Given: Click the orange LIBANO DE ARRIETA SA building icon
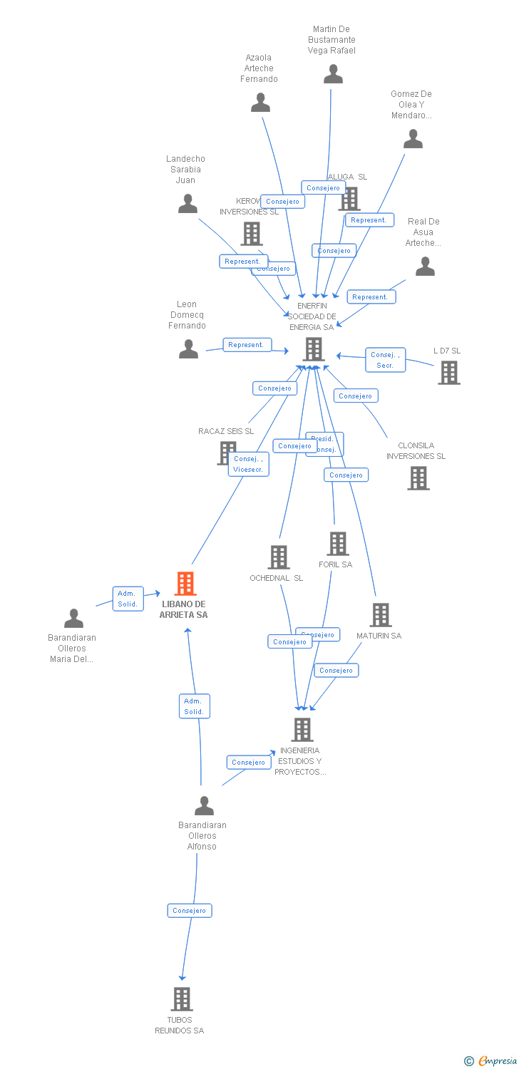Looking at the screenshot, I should pos(185,584).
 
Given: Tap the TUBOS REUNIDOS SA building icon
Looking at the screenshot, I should pos(182,999).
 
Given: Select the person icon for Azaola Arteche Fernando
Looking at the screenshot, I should pos(260,103).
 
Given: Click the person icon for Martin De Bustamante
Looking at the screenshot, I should pos(333,74).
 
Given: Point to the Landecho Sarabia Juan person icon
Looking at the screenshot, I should pos(187,204).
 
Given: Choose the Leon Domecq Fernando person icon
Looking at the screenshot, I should pos(188,349).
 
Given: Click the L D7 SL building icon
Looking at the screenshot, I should pos(448,372).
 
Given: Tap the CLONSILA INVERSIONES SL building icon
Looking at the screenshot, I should pos(418,478).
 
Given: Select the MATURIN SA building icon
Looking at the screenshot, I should pos(381,615).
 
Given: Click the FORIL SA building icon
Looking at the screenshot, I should pos(337,544).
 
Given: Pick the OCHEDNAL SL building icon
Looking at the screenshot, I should pos(278,557).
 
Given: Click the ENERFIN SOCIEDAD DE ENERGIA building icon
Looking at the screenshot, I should pos(313,349).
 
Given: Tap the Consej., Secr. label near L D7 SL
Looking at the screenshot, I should pos(385,360).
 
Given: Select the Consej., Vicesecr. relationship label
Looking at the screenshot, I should pos(248,464).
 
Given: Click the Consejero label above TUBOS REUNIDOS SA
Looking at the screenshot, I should pos(190,910).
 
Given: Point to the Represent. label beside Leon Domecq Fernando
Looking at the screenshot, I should pos(246,345).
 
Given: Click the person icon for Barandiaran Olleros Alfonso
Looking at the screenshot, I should pos(204,806).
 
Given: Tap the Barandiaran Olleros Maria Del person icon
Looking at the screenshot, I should pos(73,619).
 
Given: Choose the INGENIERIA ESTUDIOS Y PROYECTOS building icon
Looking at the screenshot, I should pos(302,730).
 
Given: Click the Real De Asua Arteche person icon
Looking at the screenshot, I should pos(425,267).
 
